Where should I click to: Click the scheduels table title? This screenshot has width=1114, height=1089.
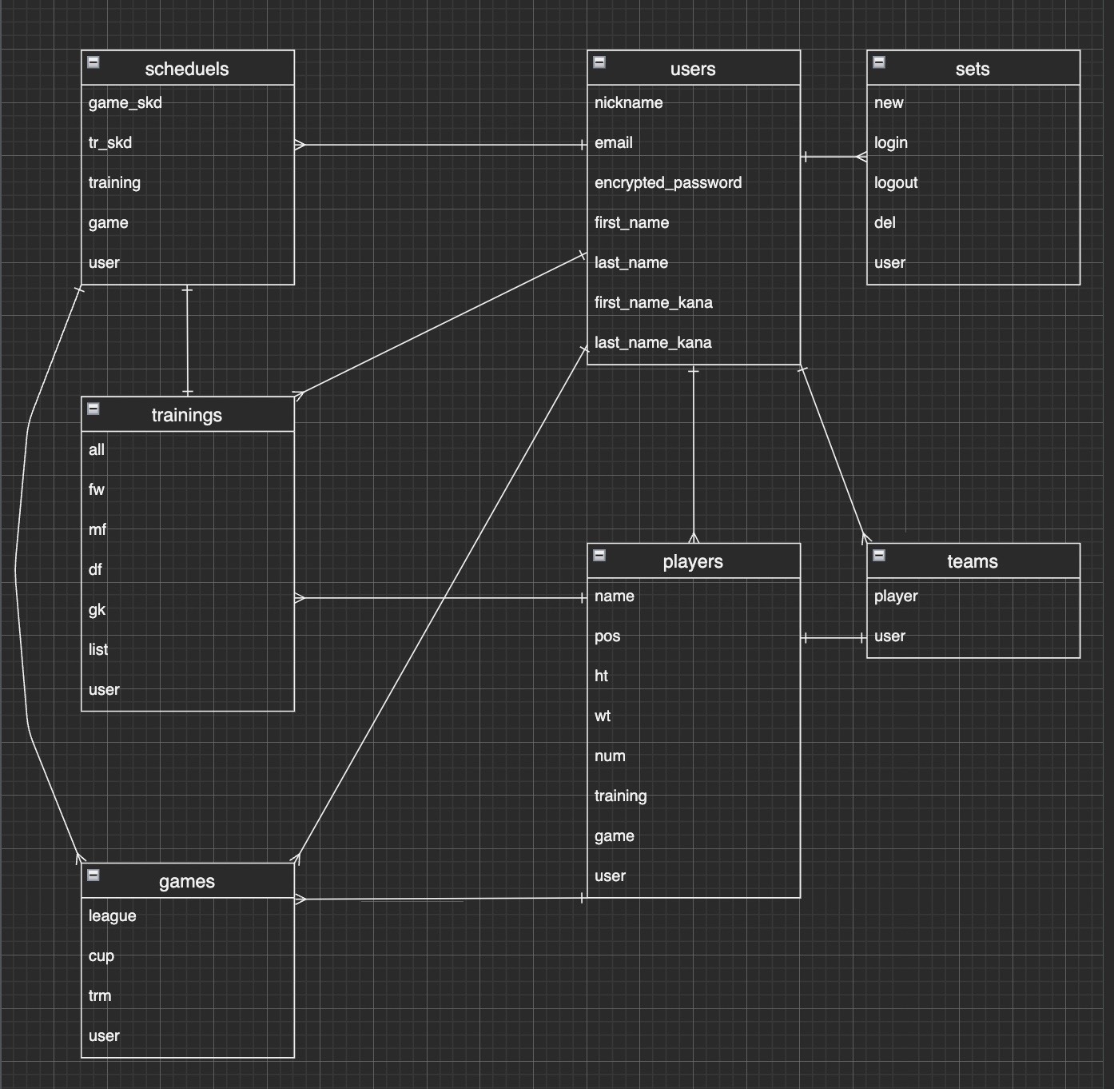[x=187, y=69]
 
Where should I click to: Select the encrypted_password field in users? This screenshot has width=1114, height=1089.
[x=667, y=183]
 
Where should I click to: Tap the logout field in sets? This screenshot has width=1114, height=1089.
[x=895, y=183]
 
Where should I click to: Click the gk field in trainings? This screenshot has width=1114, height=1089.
[x=97, y=610]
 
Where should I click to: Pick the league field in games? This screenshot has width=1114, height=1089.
[x=112, y=916]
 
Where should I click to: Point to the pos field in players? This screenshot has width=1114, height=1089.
[x=607, y=636]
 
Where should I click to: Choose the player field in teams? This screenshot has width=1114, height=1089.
[x=895, y=596]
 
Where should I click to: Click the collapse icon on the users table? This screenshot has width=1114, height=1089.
[x=599, y=62]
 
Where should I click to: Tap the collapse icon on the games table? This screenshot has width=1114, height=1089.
[x=93, y=875]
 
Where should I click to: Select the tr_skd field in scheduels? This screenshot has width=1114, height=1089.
[x=109, y=143]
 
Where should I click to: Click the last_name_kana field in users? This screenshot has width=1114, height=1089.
[x=652, y=343]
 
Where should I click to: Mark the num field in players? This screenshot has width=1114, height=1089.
[x=610, y=756]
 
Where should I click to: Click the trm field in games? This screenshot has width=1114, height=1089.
[x=100, y=996]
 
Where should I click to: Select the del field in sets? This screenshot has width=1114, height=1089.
[x=884, y=223]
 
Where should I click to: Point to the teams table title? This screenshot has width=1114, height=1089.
[x=972, y=561]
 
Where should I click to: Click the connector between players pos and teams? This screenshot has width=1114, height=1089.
[x=834, y=638]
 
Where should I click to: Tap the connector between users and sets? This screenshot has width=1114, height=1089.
[x=834, y=157]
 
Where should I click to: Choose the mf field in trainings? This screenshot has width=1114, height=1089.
[x=97, y=530]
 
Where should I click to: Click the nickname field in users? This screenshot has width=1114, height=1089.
[x=628, y=103]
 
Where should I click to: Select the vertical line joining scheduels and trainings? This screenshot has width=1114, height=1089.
[x=187, y=341]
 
